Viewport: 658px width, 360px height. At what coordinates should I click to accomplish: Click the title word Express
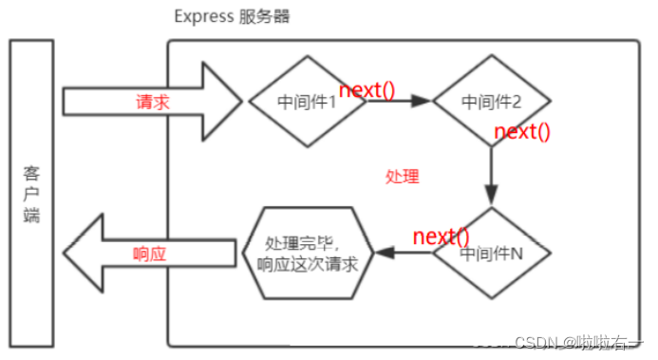click(199, 17)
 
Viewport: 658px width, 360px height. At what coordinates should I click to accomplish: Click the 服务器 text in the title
click(263, 17)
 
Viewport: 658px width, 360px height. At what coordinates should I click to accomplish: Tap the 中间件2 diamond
click(491, 100)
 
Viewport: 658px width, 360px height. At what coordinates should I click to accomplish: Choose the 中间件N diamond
click(491, 254)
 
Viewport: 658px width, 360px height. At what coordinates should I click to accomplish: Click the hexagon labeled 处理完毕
click(307, 253)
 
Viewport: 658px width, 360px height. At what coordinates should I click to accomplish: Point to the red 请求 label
click(153, 102)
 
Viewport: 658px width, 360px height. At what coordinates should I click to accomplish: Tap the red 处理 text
click(402, 177)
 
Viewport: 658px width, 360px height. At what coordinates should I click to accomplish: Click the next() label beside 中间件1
click(367, 90)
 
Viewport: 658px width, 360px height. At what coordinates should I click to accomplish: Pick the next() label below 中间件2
click(522, 131)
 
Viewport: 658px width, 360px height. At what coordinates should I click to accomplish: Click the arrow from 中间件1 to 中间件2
click(399, 101)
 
